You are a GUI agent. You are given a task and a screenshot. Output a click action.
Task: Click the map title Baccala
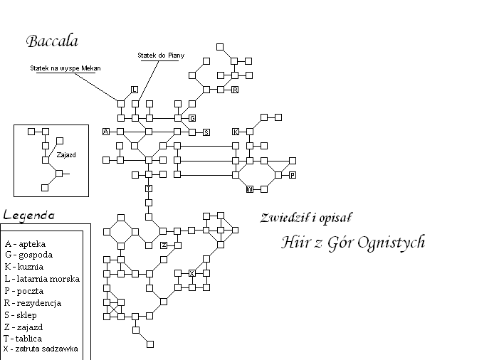click(x=52, y=41)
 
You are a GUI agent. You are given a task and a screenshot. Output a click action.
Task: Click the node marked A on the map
click(x=106, y=132)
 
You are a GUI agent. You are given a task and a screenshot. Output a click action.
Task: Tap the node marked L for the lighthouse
click(x=135, y=90)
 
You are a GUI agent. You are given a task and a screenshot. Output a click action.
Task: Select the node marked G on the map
click(x=192, y=118)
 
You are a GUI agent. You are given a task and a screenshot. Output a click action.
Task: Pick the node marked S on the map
click(x=206, y=132)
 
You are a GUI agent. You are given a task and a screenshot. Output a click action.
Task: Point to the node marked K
click(x=236, y=132)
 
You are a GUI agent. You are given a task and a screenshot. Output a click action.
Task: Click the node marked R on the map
click(x=235, y=90)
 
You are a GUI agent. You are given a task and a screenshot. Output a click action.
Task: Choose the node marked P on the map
click(x=293, y=175)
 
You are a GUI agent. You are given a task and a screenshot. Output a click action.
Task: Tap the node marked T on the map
click(x=149, y=189)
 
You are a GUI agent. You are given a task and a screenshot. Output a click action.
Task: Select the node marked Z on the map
click(x=164, y=245)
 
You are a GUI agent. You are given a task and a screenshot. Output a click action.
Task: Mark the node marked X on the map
click(x=192, y=273)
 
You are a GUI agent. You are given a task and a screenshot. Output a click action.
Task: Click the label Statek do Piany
click(x=161, y=55)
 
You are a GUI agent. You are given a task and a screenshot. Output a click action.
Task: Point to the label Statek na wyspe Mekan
click(x=65, y=68)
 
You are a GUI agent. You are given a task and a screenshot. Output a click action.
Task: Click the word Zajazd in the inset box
click(x=66, y=155)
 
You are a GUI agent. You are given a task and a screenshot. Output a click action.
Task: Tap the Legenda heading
click(x=29, y=216)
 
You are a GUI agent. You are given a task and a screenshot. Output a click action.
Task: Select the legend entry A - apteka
click(x=25, y=244)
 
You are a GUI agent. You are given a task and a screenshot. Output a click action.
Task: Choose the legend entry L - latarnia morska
click(x=42, y=279)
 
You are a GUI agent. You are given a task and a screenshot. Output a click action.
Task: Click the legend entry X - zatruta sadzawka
click(x=41, y=349)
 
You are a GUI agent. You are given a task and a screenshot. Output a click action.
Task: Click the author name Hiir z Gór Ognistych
click(x=353, y=243)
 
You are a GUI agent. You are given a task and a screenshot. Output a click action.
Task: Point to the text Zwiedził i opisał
click(x=306, y=218)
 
